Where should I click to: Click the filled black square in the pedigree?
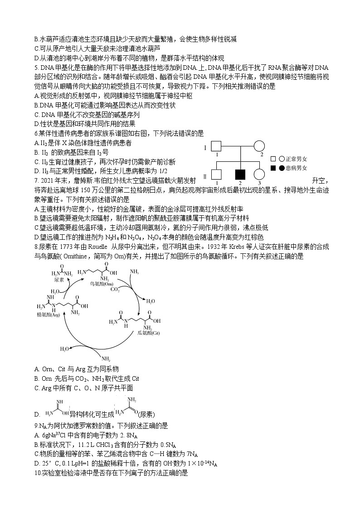click(x=238, y=175)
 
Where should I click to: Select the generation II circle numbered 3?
click(x=259, y=175)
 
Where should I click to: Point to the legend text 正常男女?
click(x=296, y=159)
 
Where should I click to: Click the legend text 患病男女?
click(x=296, y=168)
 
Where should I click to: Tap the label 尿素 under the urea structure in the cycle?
click(x=58, y=280)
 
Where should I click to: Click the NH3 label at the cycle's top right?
click(x=135, y=271)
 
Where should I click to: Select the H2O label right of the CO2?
click(x=150, y=301)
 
